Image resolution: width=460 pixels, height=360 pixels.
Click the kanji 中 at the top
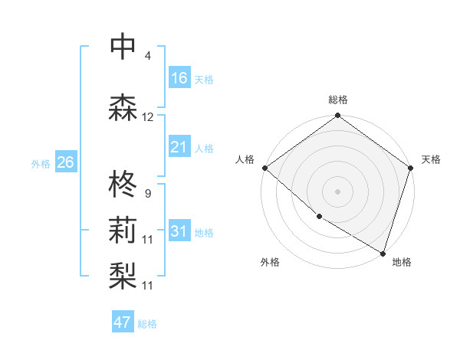[123, 47]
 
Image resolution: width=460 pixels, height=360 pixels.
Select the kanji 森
[123, 108]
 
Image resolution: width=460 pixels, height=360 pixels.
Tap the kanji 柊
[123, 184]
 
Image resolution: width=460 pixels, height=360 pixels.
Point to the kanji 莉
[123, 230]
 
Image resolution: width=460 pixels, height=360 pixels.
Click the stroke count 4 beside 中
[147, 56]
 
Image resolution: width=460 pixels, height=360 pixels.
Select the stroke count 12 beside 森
[148, 117]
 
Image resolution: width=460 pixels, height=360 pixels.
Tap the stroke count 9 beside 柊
[147, 193]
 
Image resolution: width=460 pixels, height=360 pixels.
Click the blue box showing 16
[179, 78]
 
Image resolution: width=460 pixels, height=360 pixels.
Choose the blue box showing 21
[179, 147]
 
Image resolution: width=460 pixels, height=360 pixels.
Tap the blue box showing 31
[179, 231]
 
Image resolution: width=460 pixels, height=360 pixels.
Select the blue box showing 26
[65, 162]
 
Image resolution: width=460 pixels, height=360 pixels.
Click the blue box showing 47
[123, 322]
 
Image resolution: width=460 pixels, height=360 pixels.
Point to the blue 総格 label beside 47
[148, 324]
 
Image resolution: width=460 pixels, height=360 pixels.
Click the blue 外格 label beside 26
[41, 164]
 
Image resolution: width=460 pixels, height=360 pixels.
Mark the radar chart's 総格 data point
[337, 116]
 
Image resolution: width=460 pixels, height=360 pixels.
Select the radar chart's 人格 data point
[264, 168]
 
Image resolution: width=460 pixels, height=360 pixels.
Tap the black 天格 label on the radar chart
[431, 159]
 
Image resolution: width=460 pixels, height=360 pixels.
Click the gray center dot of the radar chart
[337, 191]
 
